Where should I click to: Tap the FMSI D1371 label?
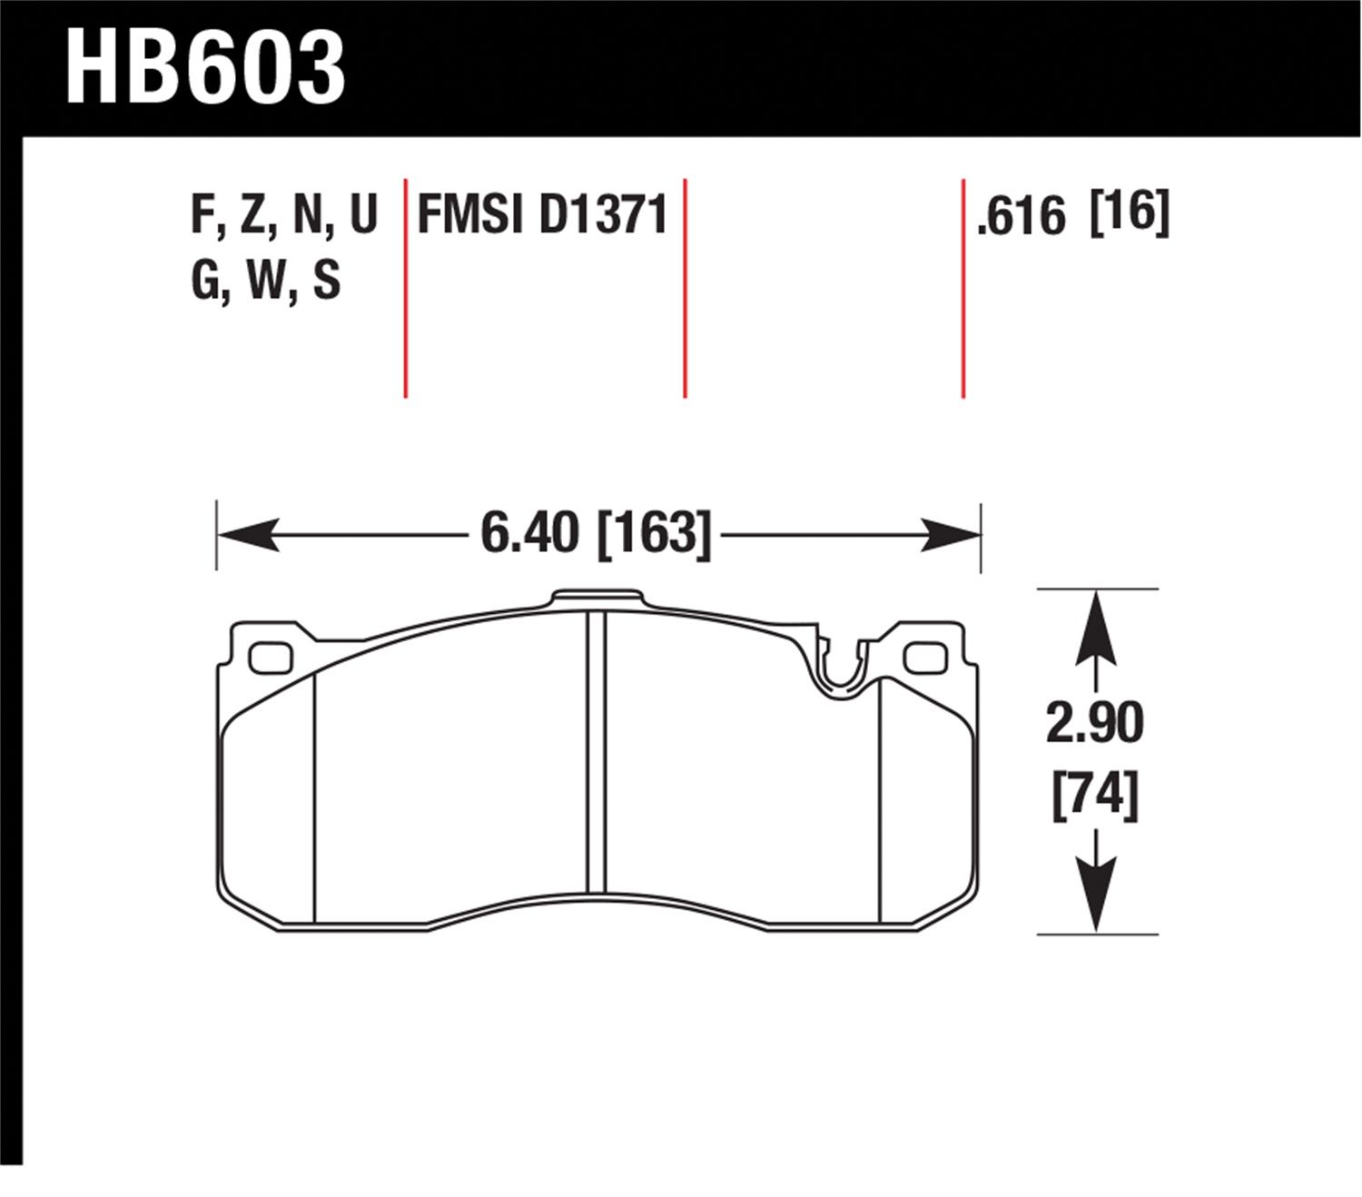(542, 214)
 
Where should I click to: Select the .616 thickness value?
(1021, 216)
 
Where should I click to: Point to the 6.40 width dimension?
(529, 532)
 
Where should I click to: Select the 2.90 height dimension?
(1094, 723)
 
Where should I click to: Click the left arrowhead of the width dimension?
(249, 535)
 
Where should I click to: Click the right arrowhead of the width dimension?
(950, 535)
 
